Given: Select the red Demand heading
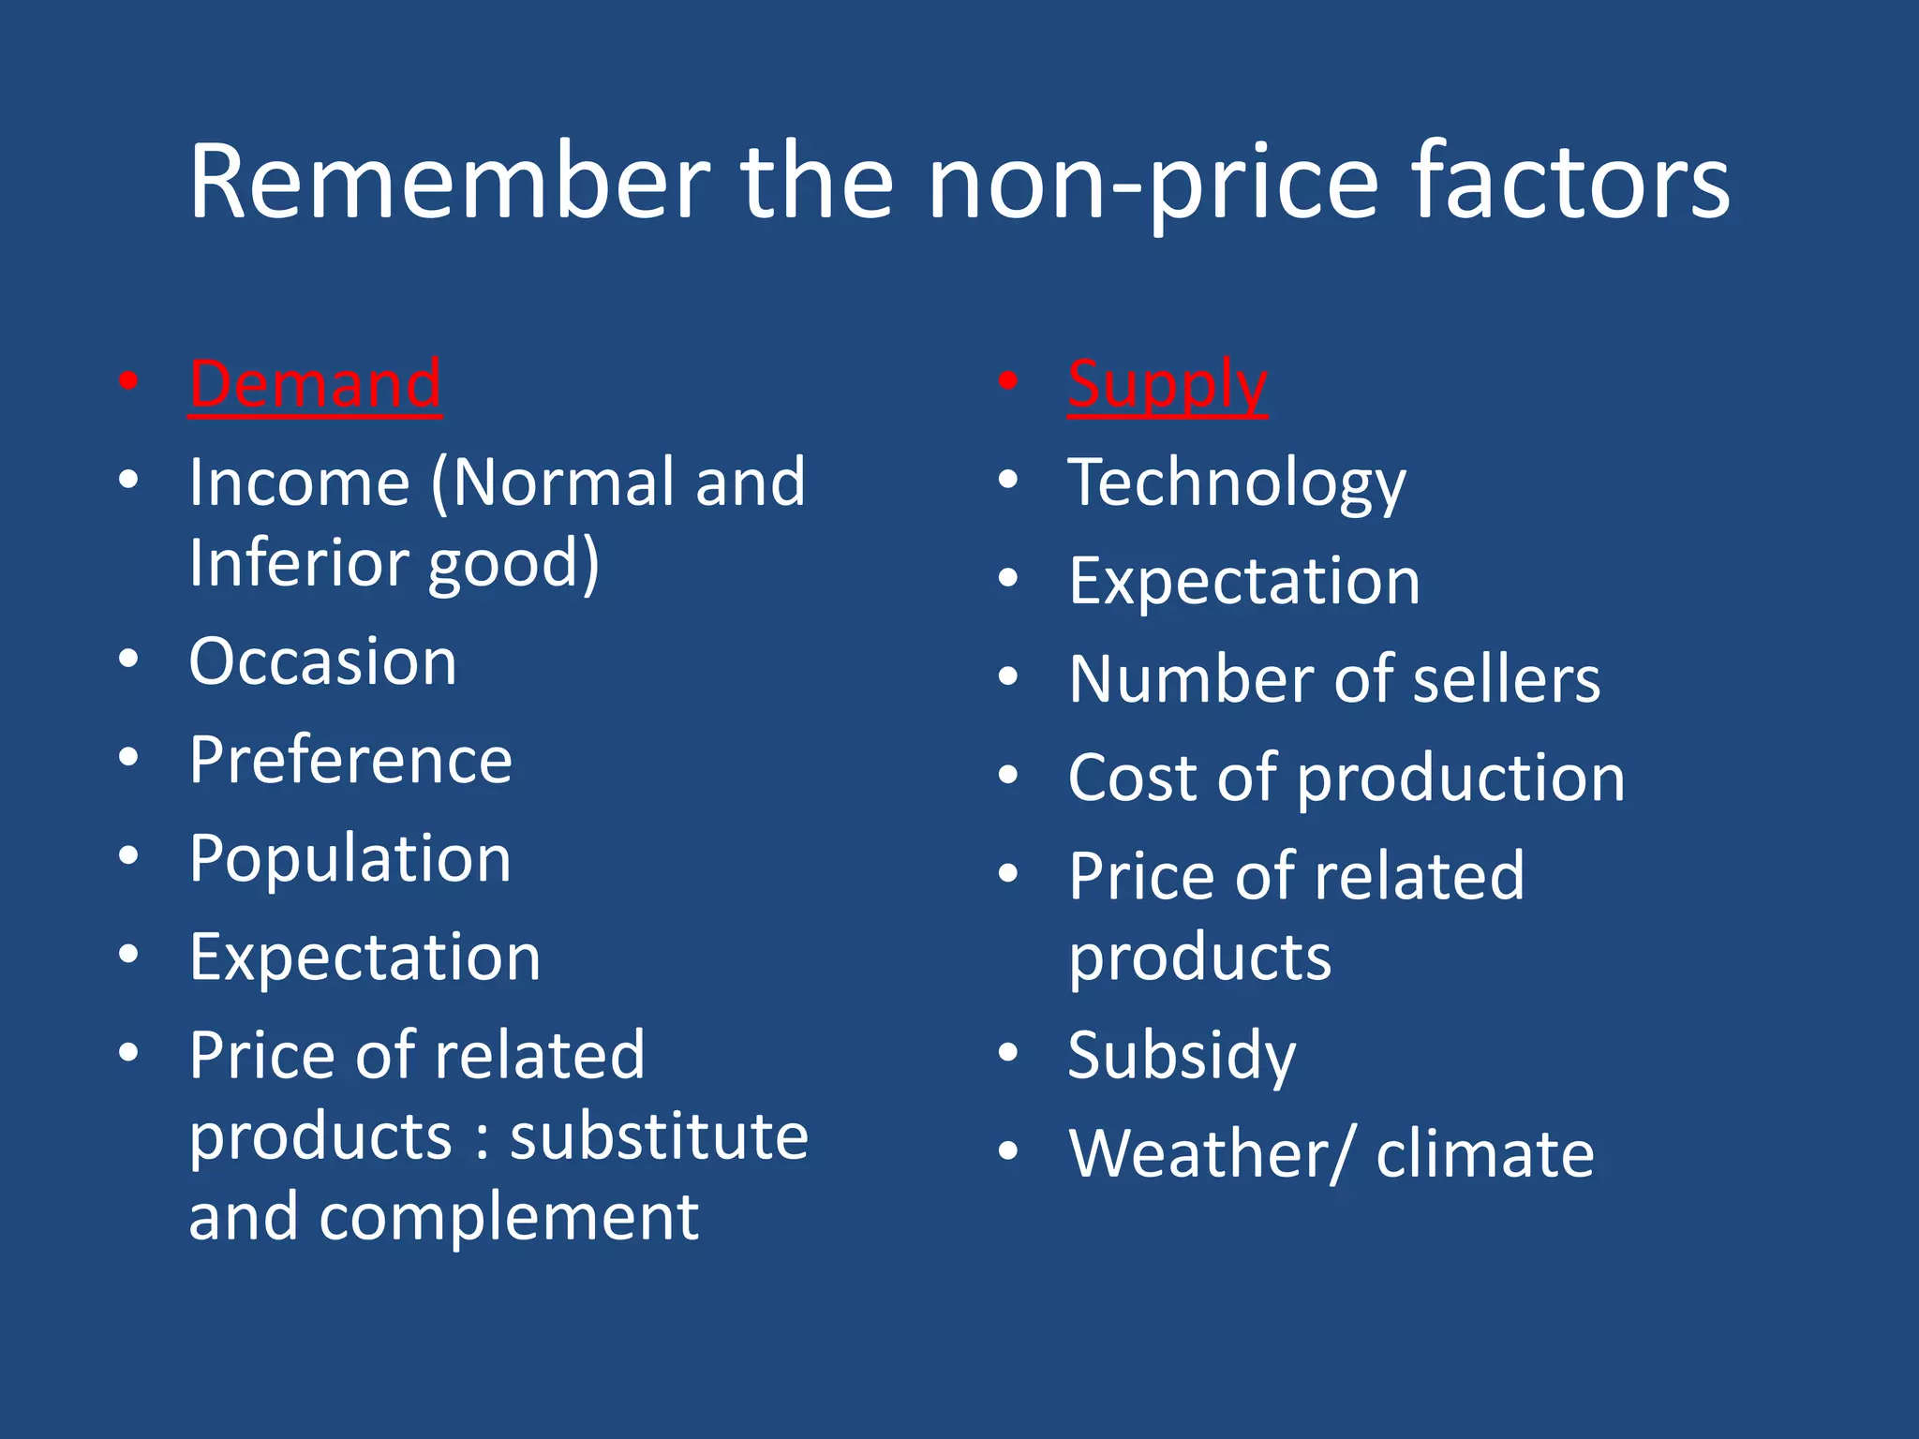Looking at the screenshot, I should (x=315, y=384).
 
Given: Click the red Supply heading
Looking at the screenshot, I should (x=1168, y=384).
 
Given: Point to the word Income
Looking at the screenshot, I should (x=300, y=482).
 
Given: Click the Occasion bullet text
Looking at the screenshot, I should (x=323, y=661).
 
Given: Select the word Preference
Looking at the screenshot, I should (x=350, y=760).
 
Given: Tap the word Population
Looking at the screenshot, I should (x=350, y=859).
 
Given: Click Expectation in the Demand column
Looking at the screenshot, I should (x=365, y=957).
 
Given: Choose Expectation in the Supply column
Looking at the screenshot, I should (x=1244, y=581).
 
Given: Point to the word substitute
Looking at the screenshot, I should (x=659, y=1135).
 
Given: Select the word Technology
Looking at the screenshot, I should (x=1237, y=483).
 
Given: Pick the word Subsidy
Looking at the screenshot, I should (x=1183, y=1056).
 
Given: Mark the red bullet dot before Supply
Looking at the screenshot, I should (x=1008, y=380).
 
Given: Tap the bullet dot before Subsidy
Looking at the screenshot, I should (x=1008, y=1052).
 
